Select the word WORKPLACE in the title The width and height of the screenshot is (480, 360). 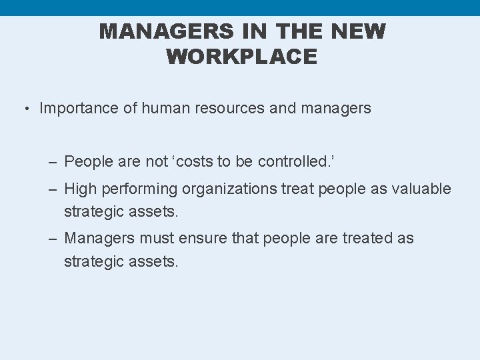pyautogui.click(x=241, y=57)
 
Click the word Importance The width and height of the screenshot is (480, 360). pyautogui.click(x=81, y=108)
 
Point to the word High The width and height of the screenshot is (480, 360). pyautogui.click(x=81, y=189)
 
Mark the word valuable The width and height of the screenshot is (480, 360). pyautogui.click(x=423, y=189)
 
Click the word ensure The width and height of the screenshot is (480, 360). pyautogui.click(x=205, y=238)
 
